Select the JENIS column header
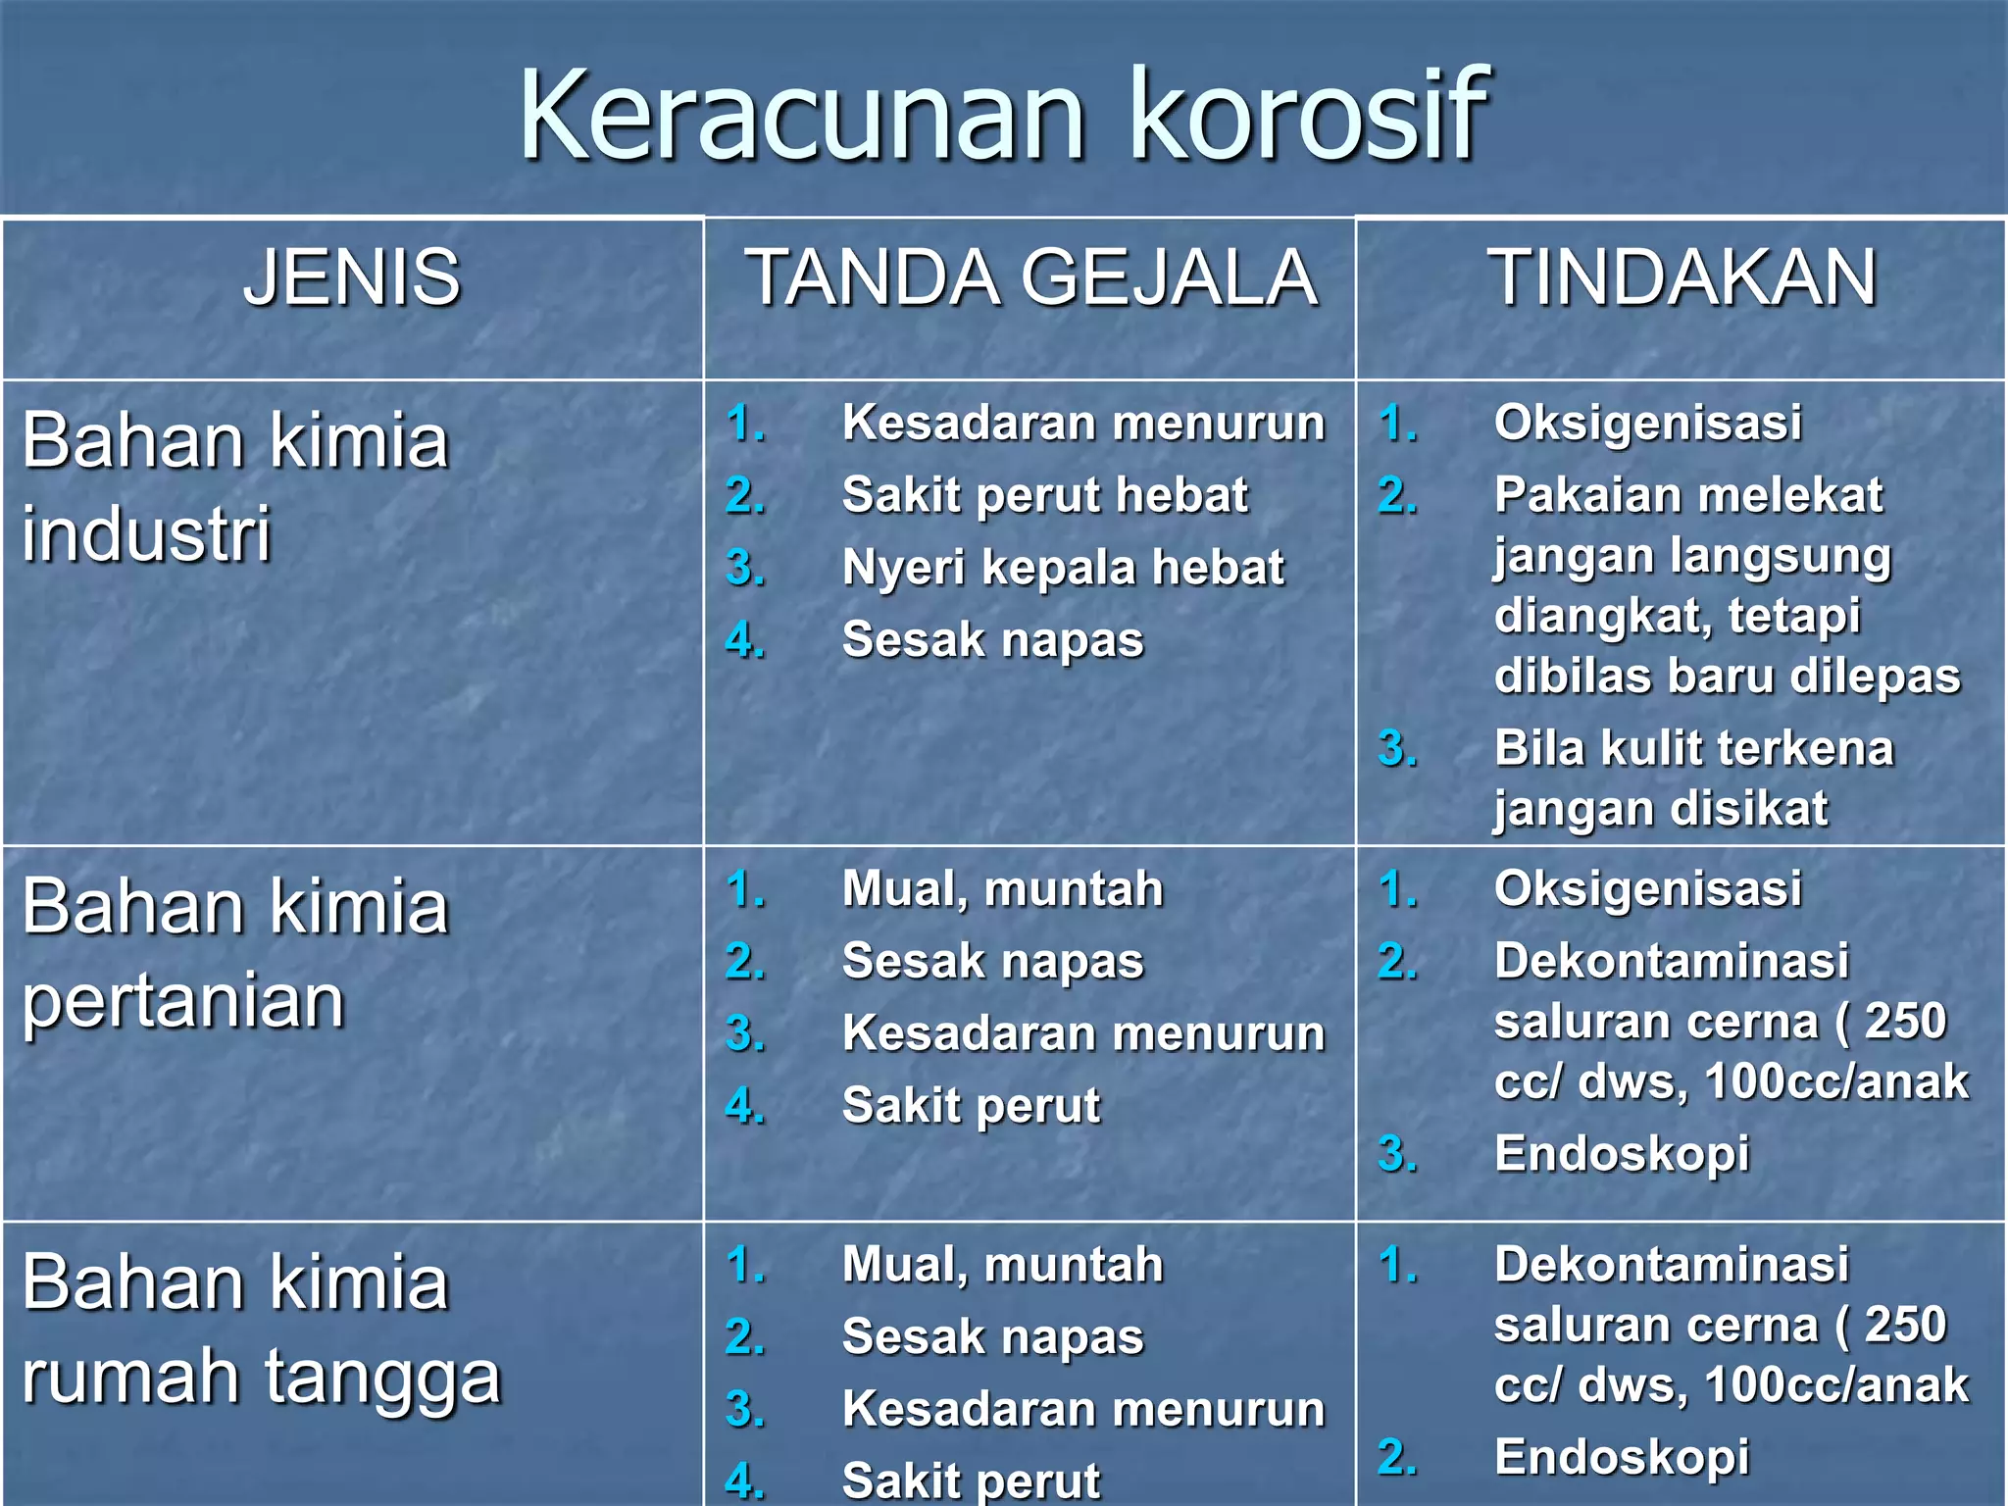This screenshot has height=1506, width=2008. [x=351, y=277]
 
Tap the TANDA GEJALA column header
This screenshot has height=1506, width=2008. [x=1031, y=277]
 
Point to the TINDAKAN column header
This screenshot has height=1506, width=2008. [x=1682, y=277]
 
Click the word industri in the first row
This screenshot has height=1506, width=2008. [x=147, y=534]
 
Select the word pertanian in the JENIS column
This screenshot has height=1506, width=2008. [x=183, y=1001]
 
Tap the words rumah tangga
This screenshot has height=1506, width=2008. [x=262, y=1377]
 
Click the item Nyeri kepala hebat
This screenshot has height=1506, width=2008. [x=1063, y=568]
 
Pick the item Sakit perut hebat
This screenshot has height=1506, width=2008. [x=1044, y=495]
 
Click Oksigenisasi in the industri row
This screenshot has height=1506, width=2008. [x=1647, y=424]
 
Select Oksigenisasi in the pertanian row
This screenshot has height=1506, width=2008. [x=1647, y=889]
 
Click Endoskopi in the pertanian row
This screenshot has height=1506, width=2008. [x=1622, y=1154]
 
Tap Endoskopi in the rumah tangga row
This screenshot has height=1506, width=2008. [x=1622, y=1457]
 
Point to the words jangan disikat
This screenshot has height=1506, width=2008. [x=1661, y=810]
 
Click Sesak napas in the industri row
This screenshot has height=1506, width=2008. [x=992, y=640]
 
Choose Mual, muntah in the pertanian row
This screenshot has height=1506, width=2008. [x=1002, y=889]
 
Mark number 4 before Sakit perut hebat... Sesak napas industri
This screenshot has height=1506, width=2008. [x=745, y=640]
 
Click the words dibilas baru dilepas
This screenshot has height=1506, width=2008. [x=1727, y=677]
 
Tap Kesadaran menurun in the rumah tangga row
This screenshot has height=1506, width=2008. [x=1083, y=1409]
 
